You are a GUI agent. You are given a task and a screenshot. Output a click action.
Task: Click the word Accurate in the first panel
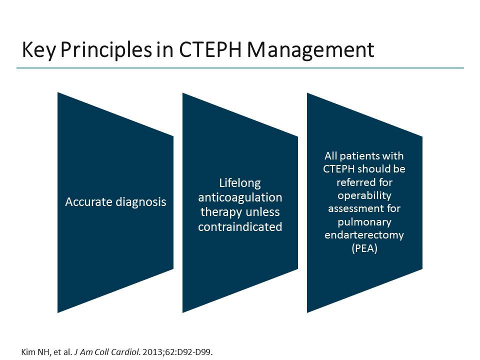point(88,202)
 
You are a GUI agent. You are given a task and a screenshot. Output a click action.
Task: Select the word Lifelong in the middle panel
point(240,183)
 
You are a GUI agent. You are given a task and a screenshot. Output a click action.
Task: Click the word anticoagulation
point(240,197)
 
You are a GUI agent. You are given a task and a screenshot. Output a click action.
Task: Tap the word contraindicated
point(240,226)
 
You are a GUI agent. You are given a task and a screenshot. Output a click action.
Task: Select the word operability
point(364,195)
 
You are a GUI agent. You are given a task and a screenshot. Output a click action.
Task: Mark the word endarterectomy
point(364,234)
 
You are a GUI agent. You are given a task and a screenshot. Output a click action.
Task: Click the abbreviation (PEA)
point(364,247)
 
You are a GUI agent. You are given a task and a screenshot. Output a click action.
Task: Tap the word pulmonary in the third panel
point(364,221)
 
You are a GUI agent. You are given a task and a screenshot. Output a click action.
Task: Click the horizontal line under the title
point(240,68)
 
